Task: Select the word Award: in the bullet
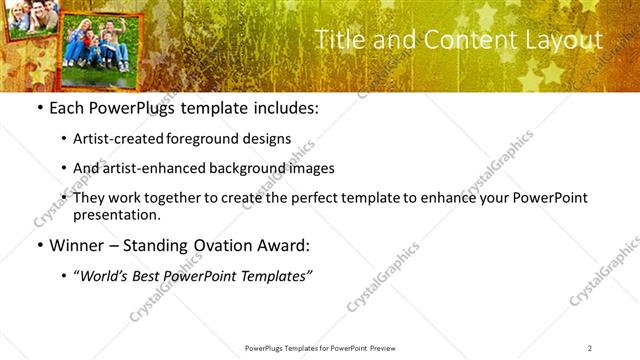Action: point(284,246)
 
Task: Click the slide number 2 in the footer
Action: point(590,348)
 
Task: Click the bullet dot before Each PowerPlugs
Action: point(39,108)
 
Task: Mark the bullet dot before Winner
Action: point(39,246)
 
